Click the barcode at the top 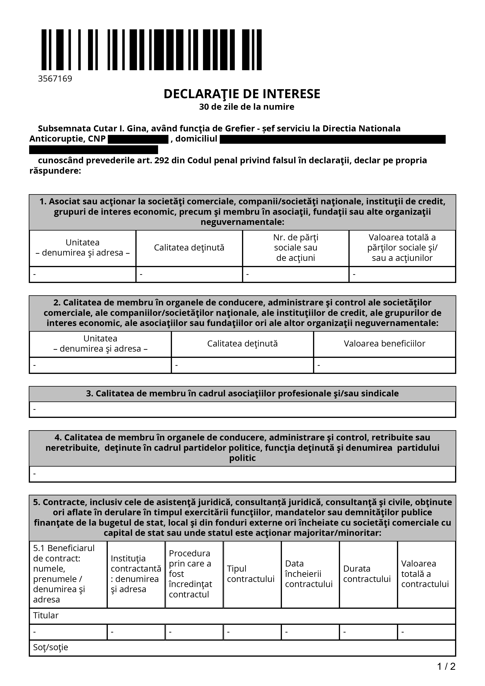(x=151, y=50)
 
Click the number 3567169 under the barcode (x=55, y=79)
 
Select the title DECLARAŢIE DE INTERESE (x=242, y=94)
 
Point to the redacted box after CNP (x=138, y=139)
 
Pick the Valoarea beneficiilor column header (x=384, y=344)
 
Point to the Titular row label (x=46, y=615)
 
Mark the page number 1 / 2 (x=446, y=666)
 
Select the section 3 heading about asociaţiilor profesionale (x=242, y=393)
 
